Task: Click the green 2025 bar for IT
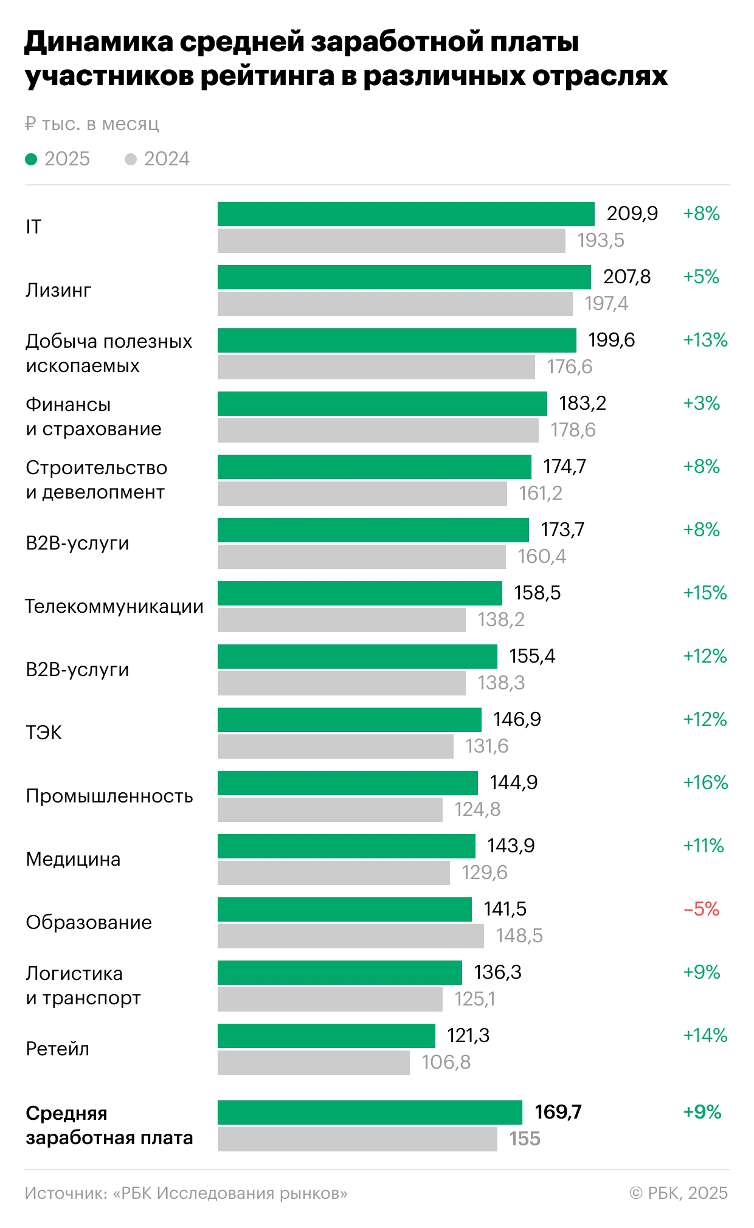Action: (x=406, y=214)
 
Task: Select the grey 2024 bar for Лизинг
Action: (x=395, y=304)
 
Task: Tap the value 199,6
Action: (x=611, y=340)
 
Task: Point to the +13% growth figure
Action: (x=705, y=340)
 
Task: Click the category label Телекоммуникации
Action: (x=114, y=606)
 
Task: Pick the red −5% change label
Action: (x=701, y=909)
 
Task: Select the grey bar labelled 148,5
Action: (x=350, y=936)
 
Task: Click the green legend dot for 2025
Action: (x=31, y=159)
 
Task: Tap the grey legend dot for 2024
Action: (x=131, y=159)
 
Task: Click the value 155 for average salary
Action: (x=525, y=1139)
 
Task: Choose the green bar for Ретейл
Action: (x=326, y=1036)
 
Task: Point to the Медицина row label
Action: (x=73, y=859)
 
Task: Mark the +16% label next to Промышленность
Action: (x=705, y=782)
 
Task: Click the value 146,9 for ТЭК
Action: (x=517, y=719)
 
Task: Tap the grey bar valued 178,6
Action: (x=378, y=430)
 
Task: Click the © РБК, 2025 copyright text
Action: (x=678, y=1193)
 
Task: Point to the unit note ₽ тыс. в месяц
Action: (x=92, y=124)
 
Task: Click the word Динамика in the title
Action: (x=98, y=42)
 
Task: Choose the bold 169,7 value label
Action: (x=558, y=1112)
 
